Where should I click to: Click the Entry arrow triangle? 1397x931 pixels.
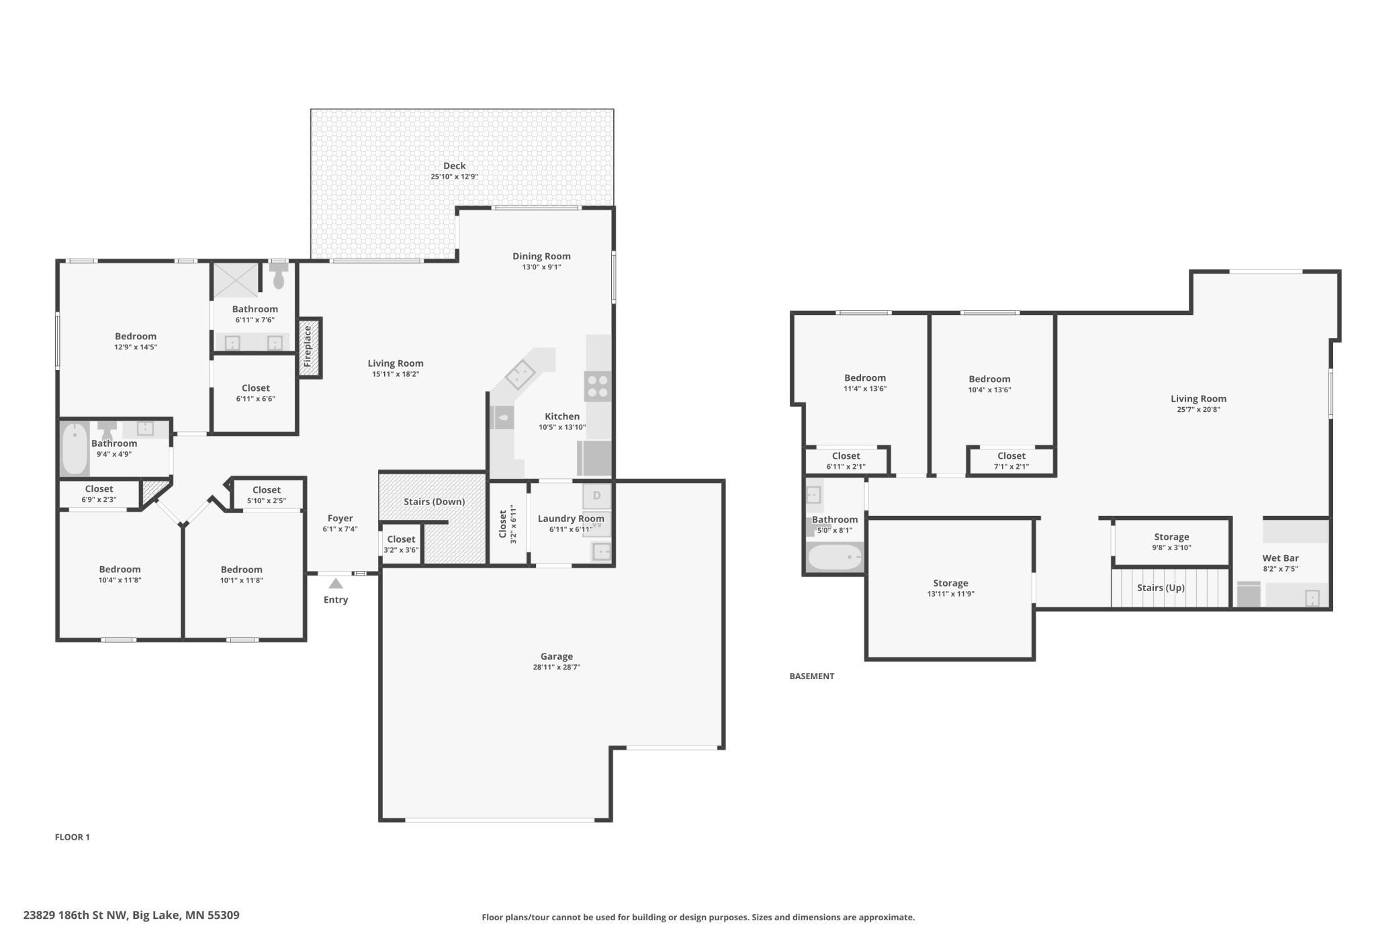(336, 584)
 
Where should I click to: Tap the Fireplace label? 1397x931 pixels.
(308, 347)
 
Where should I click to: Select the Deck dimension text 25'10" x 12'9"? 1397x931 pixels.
(454, 177)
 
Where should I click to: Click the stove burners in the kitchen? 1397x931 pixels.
(597, 387)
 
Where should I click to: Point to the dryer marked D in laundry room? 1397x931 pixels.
(596, 496)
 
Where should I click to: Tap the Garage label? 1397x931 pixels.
(556, 656)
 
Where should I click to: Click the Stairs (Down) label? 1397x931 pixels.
(434, 502)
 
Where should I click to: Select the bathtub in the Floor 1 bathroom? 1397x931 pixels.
(75, 448)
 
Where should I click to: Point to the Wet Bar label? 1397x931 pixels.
(1280, 558)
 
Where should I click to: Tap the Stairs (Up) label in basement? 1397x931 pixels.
(1160, 588)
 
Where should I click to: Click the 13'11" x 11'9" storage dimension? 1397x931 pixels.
(950, 594)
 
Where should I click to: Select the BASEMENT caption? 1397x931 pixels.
(811, 676)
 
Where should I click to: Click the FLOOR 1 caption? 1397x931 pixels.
(72, 837)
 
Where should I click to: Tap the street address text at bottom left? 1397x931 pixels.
(131, 915)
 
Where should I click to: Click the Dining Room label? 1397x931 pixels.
(541, 256)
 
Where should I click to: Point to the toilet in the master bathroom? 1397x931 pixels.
(279, 276)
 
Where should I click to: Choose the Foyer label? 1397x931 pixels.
(340, 518)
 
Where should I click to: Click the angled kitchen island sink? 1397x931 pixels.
(520, 375)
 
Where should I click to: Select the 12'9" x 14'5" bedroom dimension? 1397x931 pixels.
(136, 347)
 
